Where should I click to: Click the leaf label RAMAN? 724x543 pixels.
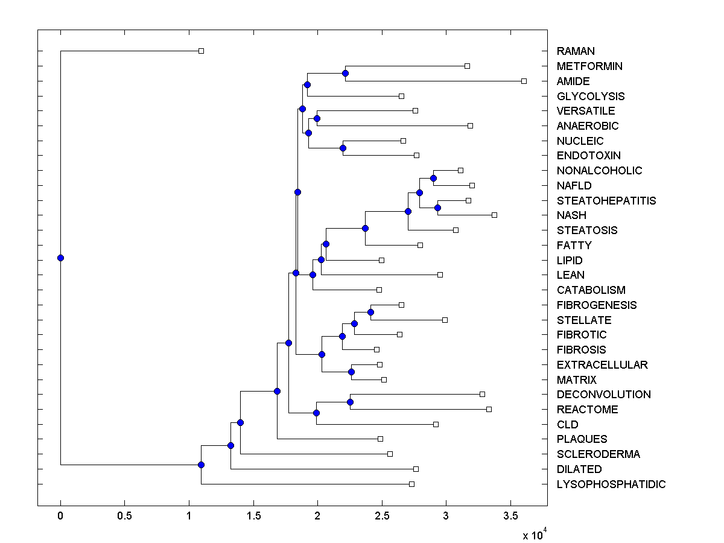pyautogui.click(x=576, y=51)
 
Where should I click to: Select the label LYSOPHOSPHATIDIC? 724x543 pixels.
pyautogui.click(x=611, y=484)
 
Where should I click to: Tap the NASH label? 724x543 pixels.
pyautogui.click(x=571, y=215)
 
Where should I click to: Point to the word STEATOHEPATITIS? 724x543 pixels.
pyautogui.click(x=606, y=201)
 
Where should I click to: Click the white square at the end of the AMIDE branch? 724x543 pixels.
pyautogui.click(x=524, y=81)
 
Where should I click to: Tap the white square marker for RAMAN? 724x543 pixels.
pyautogui.click(x=202, y=51)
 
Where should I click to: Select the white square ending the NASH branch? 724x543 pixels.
pyautogui.click(x=494, y=215)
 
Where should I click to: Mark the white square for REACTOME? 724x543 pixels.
pyautogui.click(x=489, y=409)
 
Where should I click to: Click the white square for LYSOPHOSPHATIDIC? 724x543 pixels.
pyautogui.click(x=411, y=484)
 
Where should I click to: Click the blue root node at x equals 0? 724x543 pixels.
pyautogui.click(x=60, y=258)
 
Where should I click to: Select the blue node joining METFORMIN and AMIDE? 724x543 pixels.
pyautogui.click(x=345, y=73)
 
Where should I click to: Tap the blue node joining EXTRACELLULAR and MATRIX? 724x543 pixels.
pyautogui.click(x=351, y=372)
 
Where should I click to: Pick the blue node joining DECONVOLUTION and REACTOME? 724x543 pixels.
pyautogui.click(x=350, y=402)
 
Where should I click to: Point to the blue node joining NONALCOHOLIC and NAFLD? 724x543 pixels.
pyautogui.click(x=433, y=178)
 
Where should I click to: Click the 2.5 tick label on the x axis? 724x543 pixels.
pyautogui.click(x=382, y=516)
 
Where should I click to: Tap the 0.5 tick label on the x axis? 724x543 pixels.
pyautogui.click(x=124, y=516)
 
